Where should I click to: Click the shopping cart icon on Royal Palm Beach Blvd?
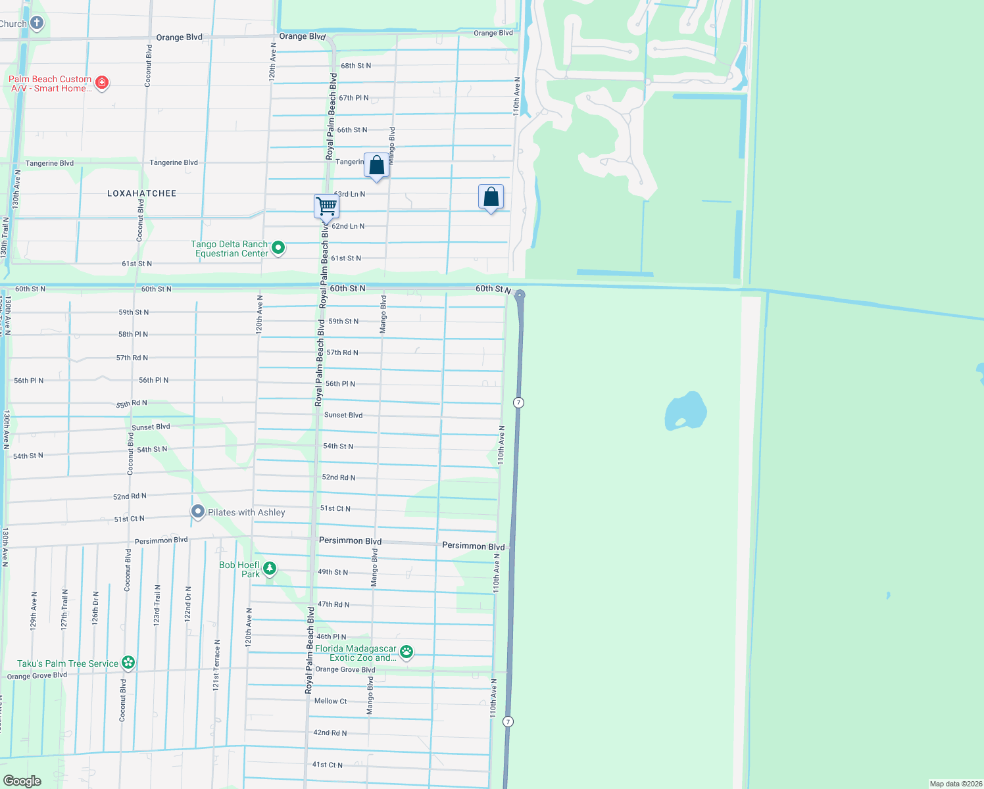point(326,206)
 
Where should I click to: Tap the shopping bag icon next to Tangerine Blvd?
point(376,165)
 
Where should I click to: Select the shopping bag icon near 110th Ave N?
point(491,197)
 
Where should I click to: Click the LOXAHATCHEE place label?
point(141,193)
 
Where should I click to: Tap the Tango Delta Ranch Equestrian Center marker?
point(278,248)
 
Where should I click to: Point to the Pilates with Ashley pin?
point(198,512)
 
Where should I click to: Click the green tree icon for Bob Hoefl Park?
point(269,569)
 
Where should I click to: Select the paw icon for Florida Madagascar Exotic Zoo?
point(406,652)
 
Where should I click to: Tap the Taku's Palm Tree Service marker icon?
point(128,663)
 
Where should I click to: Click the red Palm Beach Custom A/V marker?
point(102,83)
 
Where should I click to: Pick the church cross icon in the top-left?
point(37,24)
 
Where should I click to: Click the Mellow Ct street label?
point(330,701)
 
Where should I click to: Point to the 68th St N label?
point(356,66)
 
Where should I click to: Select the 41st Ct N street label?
point(328,765)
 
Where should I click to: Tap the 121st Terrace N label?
point(216,664)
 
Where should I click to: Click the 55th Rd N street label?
point(132,404)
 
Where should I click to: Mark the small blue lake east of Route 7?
point(686,411)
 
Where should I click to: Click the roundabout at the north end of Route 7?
point(520,295)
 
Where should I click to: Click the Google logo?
point(22,780)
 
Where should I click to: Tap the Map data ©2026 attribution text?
point(955,784)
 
